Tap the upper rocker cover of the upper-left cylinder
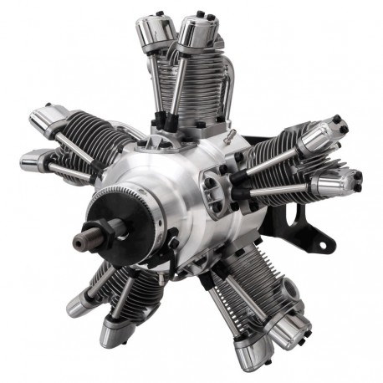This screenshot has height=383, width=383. click(x=48, y=116)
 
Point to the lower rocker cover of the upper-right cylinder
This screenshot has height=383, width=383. click(x=339, y=180)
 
